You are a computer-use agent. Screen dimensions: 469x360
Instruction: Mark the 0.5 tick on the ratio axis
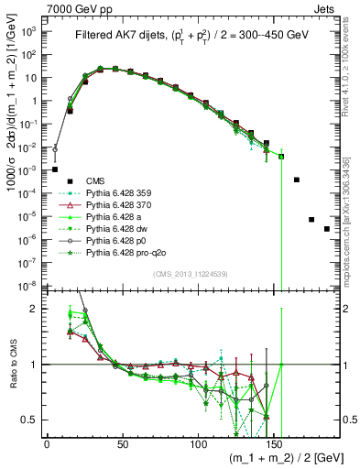coord(30,420)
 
